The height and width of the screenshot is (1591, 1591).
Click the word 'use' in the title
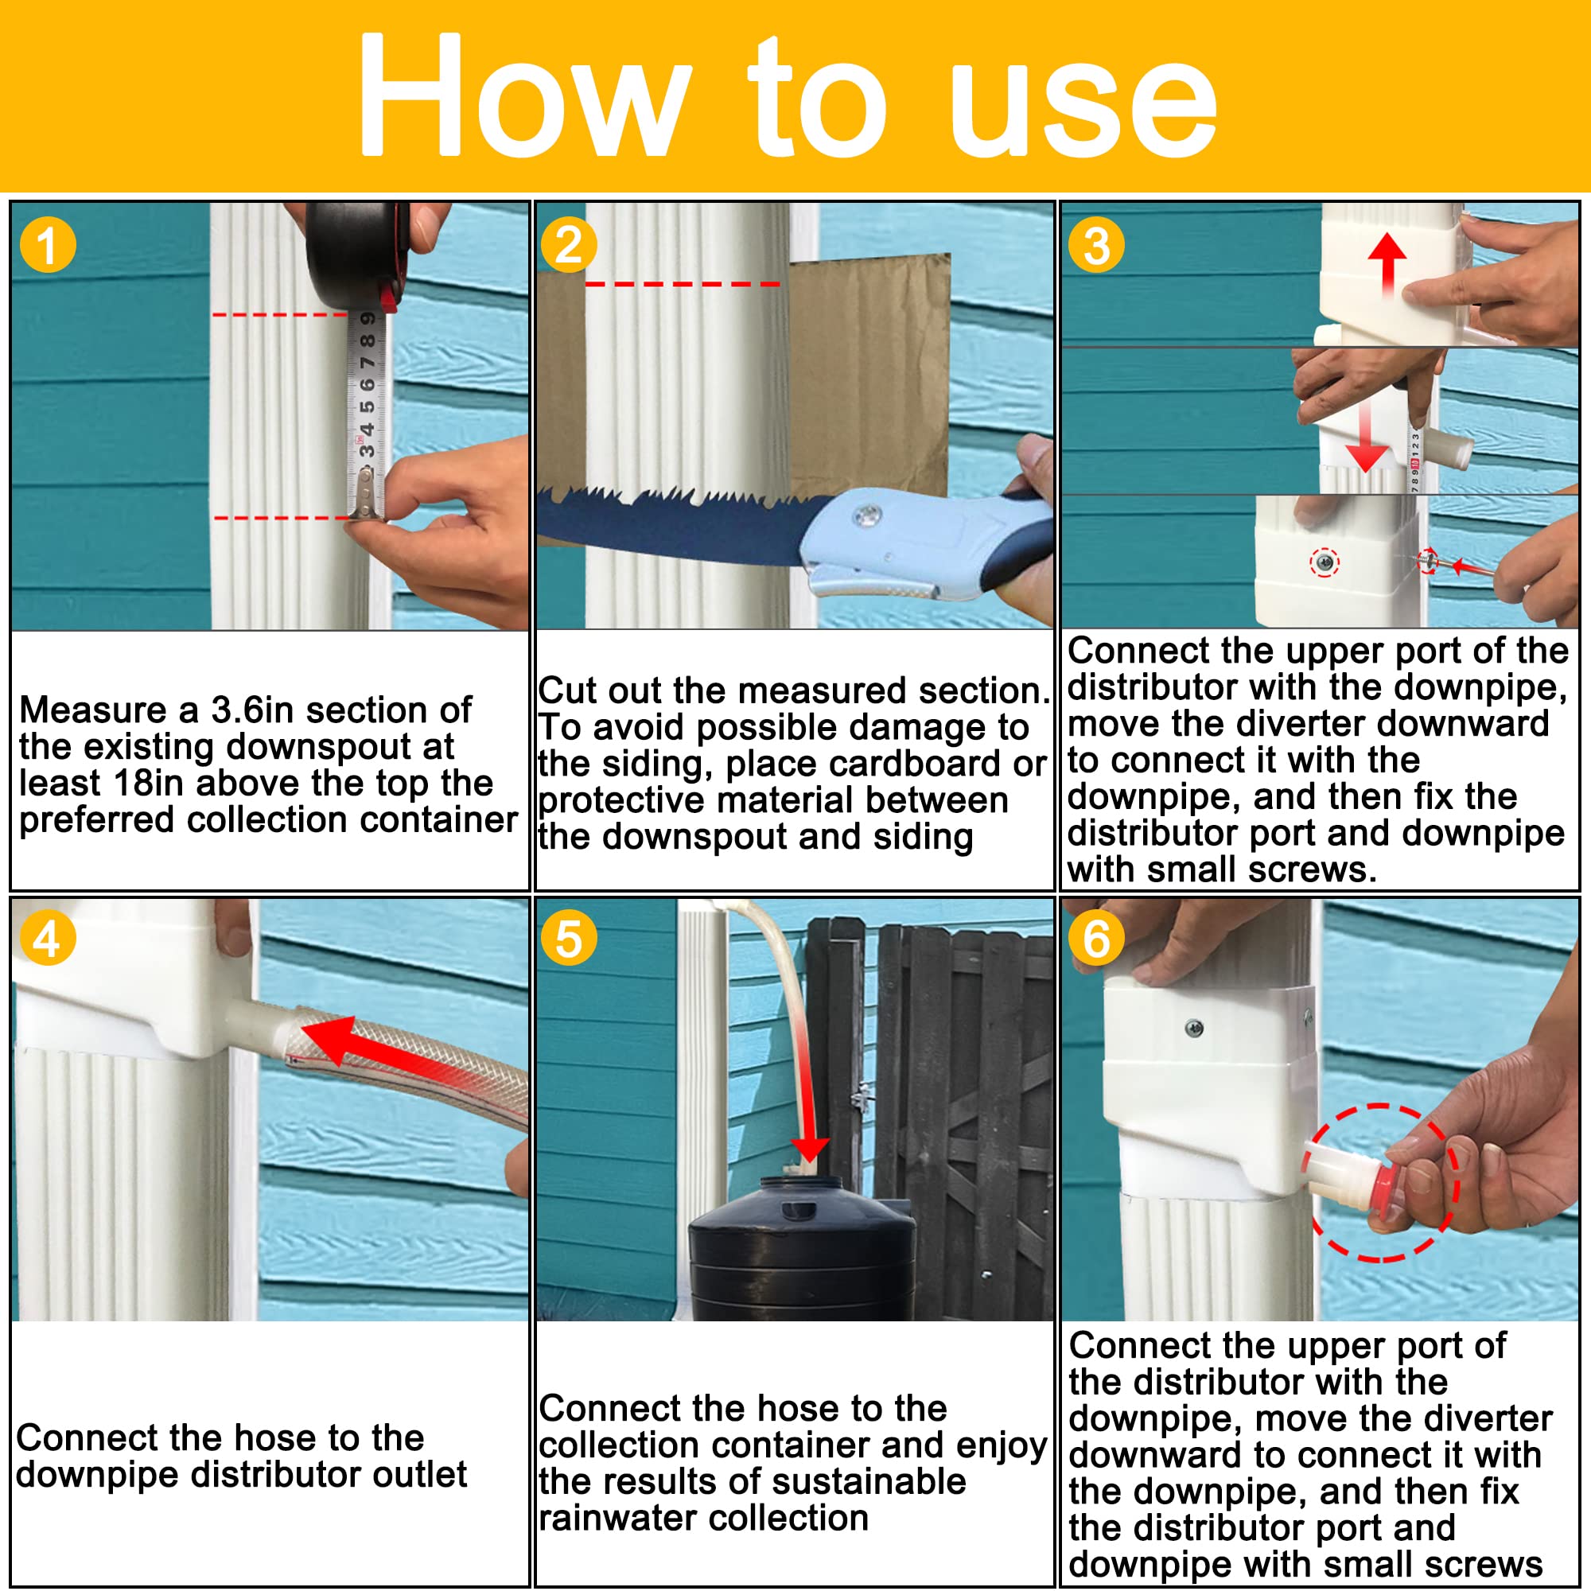point(1083,103)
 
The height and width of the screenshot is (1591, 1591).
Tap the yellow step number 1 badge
point(48,245)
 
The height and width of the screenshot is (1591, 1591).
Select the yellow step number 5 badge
point(568,939)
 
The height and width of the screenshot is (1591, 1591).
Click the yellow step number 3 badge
point(1096,245)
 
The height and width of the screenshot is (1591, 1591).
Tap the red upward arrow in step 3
point(1387,263)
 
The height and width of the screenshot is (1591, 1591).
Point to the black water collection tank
point(799,1251)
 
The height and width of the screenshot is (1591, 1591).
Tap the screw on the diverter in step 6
point(1193,1028)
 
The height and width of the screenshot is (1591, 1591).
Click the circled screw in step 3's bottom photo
point(1325,563)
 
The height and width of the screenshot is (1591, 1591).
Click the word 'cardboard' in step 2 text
point(916,764)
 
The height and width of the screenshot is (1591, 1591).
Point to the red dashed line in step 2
point(682,284)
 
